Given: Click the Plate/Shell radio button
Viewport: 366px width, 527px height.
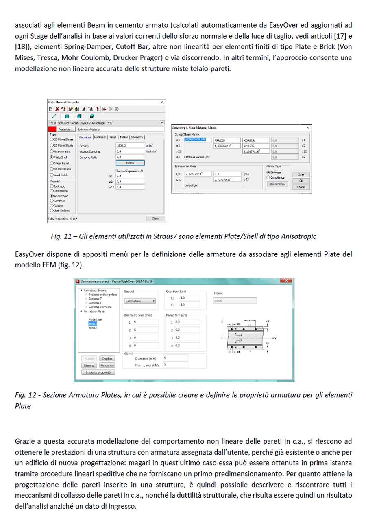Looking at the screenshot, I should point(50,157).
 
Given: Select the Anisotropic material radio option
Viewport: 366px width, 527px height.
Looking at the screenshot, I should point(50,196).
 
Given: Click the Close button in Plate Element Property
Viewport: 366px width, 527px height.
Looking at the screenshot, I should point(155,219).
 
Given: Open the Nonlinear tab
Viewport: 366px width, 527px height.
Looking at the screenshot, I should point(100,137).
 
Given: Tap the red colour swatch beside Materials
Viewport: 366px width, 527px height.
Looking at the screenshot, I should point(52,129).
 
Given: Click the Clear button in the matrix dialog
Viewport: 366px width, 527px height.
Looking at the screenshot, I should point(301,175).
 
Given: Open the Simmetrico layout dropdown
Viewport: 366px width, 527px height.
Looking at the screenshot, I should point(139,301).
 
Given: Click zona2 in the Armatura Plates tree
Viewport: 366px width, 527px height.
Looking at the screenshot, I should point(93,328).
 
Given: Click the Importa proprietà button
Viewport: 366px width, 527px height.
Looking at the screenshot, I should point(98,372).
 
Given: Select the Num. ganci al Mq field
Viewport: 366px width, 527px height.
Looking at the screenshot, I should point(175,365).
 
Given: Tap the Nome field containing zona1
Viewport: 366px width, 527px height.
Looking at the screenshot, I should point(235,301).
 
